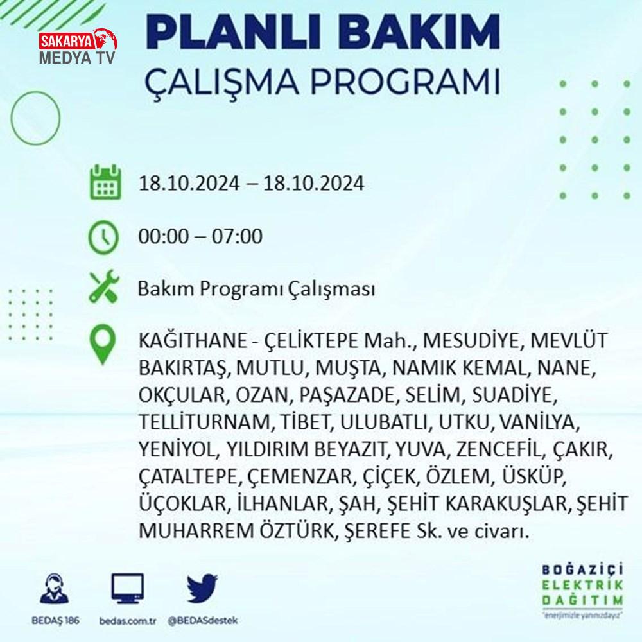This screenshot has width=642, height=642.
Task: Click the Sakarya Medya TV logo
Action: click(x=78, y=47)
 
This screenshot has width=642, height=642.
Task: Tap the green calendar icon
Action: click(x=105, y=182)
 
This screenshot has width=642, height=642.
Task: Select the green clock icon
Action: click(x=103, y=237)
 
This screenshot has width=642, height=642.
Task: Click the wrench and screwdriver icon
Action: click(x=104, y=286)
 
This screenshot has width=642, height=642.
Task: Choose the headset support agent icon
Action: click(x=55, y=588)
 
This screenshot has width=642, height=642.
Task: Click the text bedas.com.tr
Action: click(x=128, y=621)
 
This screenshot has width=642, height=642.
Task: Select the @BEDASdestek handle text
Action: click(x=203, y=621)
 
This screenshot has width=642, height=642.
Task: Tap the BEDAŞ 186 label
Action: click(x=55, y=621)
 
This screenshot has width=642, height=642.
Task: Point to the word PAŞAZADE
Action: click(x=347, y=395)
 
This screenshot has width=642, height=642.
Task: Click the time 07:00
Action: click(x=237, y=237)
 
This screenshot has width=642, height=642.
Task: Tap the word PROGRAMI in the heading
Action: click(x=405, y=81)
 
